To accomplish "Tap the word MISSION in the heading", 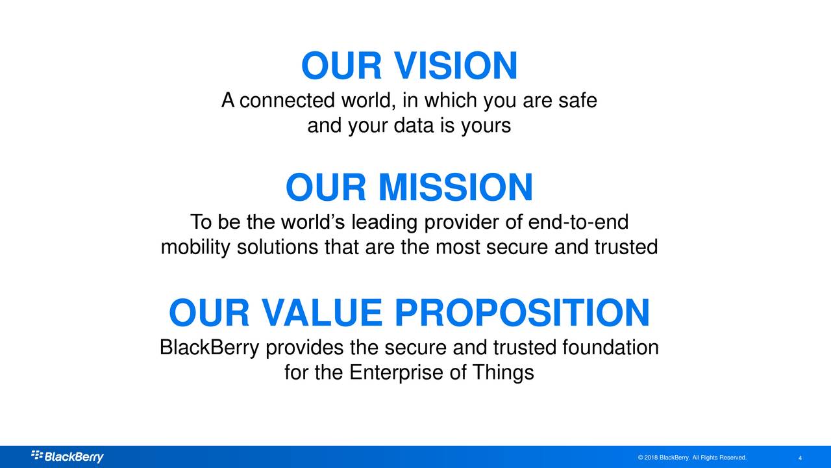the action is coord(455,187).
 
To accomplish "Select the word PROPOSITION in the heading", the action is coord(522,313).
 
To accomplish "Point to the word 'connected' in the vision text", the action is coord(287,101).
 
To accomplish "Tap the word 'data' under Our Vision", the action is coord(414,125).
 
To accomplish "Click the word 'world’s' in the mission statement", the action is coord(313,222).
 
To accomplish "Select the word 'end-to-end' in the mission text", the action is coord(578,222).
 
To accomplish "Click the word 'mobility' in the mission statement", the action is coord(195,247).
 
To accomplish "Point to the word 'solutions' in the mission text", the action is coord(277,246).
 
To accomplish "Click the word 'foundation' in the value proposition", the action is coord(610,347).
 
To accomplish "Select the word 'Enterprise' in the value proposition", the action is coord(396,372).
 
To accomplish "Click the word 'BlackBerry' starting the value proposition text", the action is coord(209,348).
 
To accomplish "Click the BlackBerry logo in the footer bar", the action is coord(67,456).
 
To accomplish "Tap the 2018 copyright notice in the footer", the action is coord(692,458).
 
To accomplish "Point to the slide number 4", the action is coord(800,458).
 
